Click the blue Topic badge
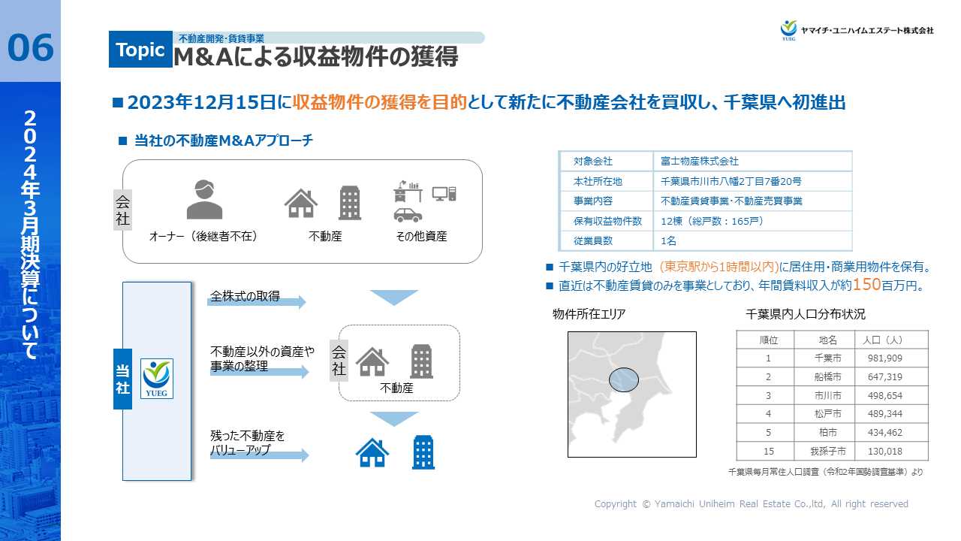pos(140,50)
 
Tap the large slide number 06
pos(31,47)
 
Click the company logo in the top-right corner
pos(788,30)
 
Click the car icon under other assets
pos(408,215)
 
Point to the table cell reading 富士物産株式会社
pos(700,162)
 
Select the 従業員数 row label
pos(593,241)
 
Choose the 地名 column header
pos(827,340)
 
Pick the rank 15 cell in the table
pos(768,452)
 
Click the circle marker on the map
pos(623,380)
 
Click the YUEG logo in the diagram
pos(158,378)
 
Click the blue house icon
pos(372,452)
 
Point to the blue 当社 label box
pos(122,379)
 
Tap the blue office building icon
pos(423,452)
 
